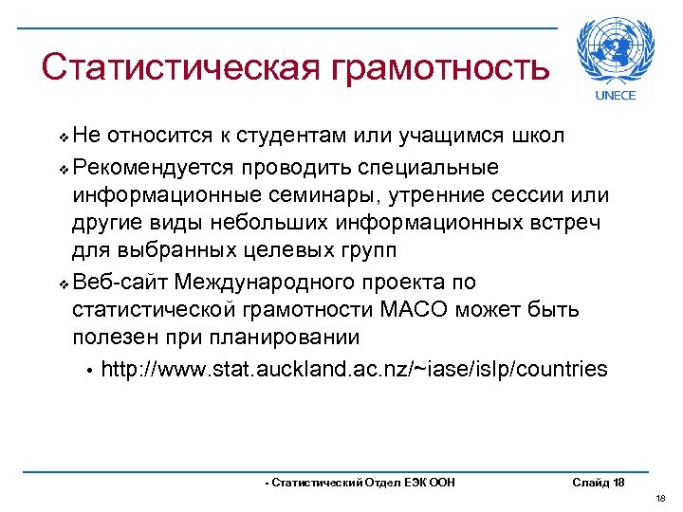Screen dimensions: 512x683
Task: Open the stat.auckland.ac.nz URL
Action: coord(353,369)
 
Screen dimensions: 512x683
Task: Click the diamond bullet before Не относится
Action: coord(64,137)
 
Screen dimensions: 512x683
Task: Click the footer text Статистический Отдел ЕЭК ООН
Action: coord(360,483)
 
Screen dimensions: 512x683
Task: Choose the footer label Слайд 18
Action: coord(599,483)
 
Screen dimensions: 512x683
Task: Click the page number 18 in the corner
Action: coord(661,498)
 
